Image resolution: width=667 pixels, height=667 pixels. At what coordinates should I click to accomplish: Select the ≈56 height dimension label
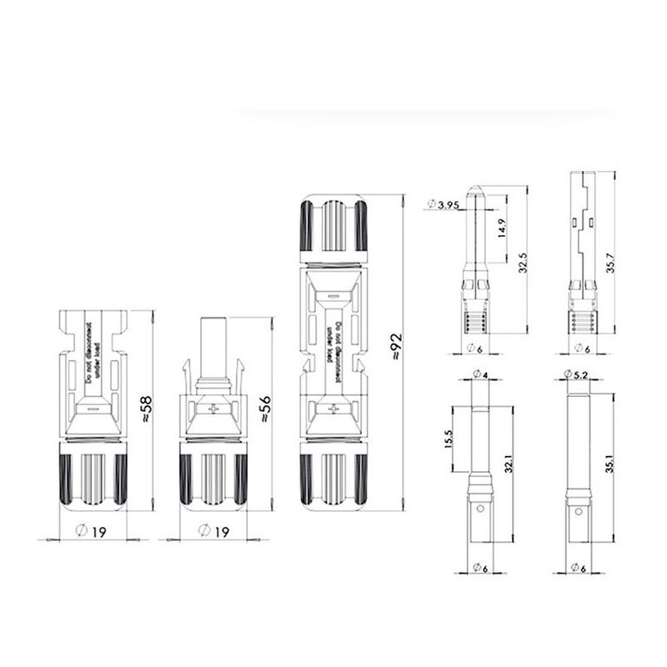(264, 409)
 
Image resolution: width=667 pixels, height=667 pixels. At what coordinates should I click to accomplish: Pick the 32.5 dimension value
(522, 263)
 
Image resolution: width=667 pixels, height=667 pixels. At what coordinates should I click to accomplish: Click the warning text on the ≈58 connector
(93, 355)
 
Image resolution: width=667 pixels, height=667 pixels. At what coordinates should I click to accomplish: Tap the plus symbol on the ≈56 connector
(214, 409)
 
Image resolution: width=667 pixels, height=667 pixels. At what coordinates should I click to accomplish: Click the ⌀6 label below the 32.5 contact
(479, 349)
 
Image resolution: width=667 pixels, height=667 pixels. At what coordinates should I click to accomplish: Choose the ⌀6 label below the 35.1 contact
(578, 568)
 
